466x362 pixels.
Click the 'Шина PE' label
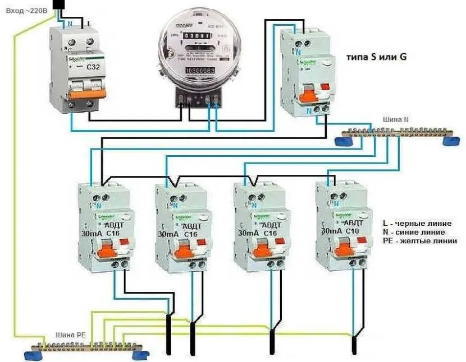pyautogui.click(x=68, y=336)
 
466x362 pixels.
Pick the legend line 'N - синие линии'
pyautogui.click(x=413, y=232)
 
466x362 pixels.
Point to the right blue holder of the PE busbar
pyautogui.click(x=137, y=355)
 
